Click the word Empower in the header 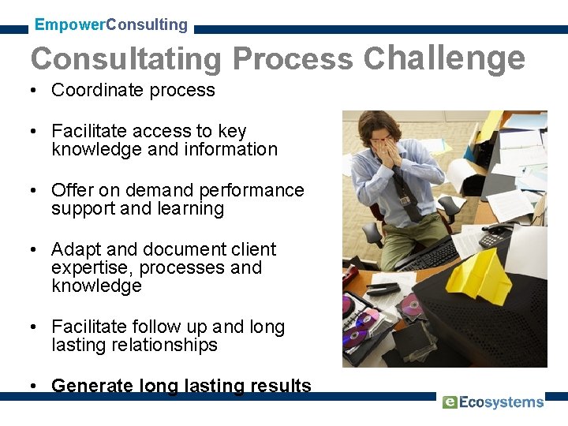click(x=69, y=24)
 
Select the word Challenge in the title click(x=444, y=58)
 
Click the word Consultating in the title click(x=126, y=59)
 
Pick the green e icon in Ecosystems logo click(x=449, y=402)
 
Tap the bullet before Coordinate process click(x=35, y=91)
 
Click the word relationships click(x=166, y=346)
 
